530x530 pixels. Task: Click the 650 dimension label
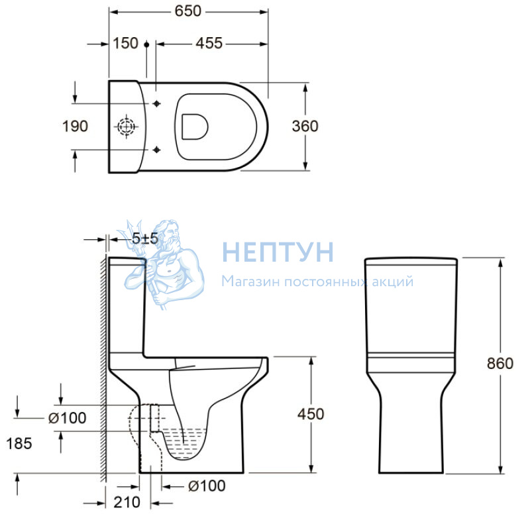[188, 11]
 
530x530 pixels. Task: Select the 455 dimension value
[209, 44]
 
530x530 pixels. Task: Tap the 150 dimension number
[125, 44]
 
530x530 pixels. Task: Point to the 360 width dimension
[305, 127]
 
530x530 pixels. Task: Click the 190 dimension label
[75, 127]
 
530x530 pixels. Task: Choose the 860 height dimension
[500, 364]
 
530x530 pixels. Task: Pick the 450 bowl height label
[311, 414]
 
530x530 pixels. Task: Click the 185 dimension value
[19, 444]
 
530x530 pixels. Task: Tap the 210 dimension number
[127, 503]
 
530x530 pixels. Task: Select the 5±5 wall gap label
[144, 238]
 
